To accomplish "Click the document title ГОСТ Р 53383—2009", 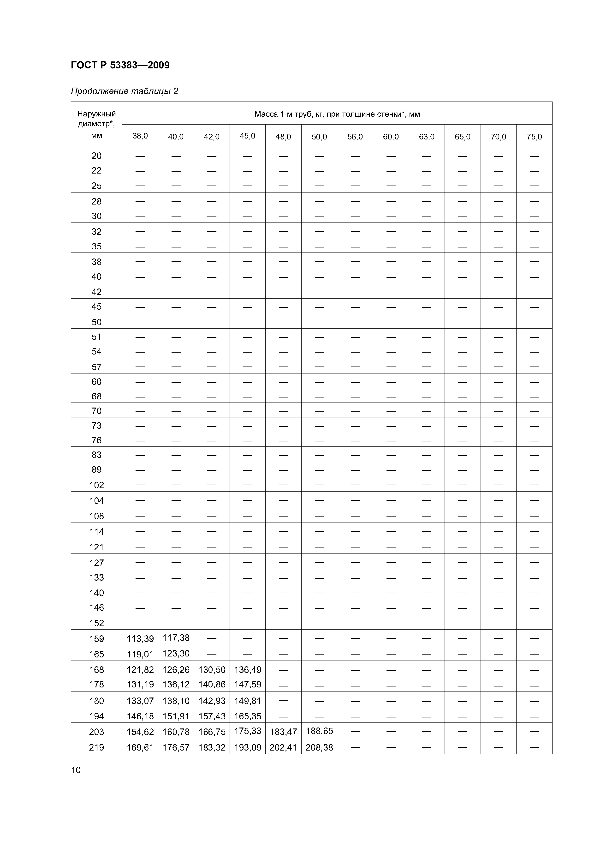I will pos(120,65).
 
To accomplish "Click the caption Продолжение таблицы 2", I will pos(124,91).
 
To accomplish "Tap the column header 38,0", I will pos(140,136).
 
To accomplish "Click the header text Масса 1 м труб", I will pos(337,114).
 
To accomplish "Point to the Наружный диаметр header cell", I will pos(96,124).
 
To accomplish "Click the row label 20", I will pos(96,156).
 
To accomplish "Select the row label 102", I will pos(96,485).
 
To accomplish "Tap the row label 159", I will pos(96,638).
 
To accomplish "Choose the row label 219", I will pos(96,747).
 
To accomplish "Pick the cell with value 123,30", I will pos(176,653).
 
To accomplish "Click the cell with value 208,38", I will pos(319,747).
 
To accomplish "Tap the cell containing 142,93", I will pos(212,701).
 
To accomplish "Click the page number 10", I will pos(76,769).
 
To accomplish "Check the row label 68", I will pos(96,396).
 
